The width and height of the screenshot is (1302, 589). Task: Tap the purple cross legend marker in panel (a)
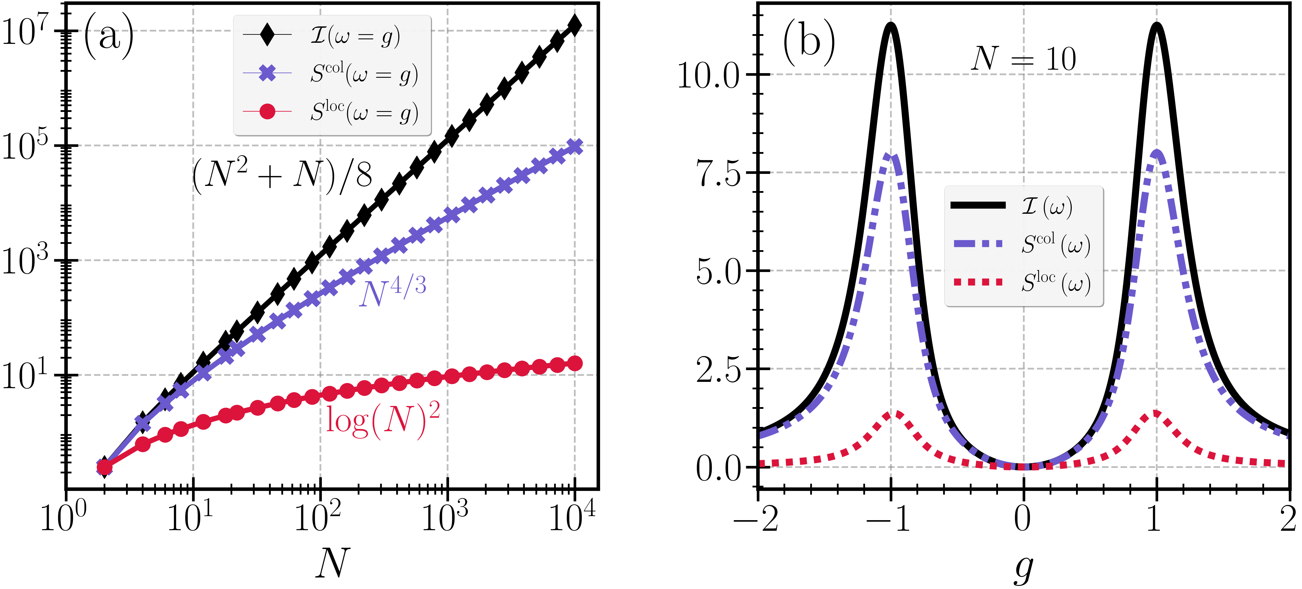(x=267, y=73)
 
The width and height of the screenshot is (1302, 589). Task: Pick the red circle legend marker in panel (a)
(x=267, y=111)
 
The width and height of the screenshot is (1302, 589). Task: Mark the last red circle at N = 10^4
(x=575, y=363)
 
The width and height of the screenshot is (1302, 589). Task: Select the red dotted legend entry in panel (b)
(x=978, y=282)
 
